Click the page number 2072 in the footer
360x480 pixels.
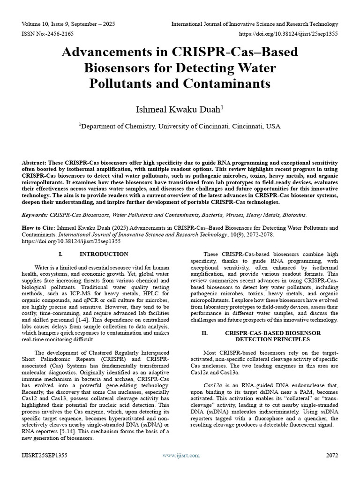pyautogui.click(x=331, y=455)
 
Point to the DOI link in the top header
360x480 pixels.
pyautogui.click(x=289, y=34)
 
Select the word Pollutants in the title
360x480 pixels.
pyautogui.click(x=124, y=83)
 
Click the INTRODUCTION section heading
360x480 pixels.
pyautogui.click(x=104, y=254)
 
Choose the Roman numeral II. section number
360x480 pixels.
pyautogui.click(x=204, y=332)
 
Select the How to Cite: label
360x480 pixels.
pyautogui.click(x=37, y=228)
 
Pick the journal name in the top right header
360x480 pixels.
pyautogui.click(x=255, y=24)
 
